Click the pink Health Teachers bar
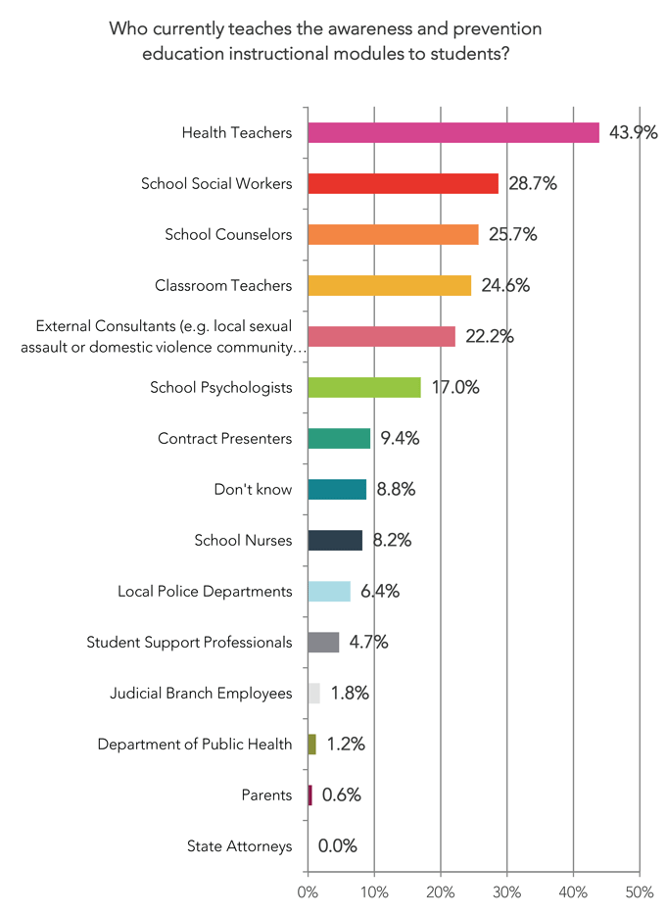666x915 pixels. tap(453, 132)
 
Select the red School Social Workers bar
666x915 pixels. tap(403, 183)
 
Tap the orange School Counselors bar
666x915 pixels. tap(393, 234)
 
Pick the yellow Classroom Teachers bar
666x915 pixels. tap(389, 285)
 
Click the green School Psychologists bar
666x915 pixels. tap(364, 387)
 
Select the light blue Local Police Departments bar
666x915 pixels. tap(329, 591)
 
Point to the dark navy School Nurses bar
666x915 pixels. tap(335, 540)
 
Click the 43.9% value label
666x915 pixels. tap(633, 132)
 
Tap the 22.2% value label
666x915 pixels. tap(491, 336)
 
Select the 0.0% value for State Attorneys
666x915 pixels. tap(337, 845)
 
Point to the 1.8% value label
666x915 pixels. tap(350, 693)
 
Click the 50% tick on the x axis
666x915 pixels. tap(639, 892)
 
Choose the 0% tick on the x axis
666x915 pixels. tap(308, 892)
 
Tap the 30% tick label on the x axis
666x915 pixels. tap(506, 892)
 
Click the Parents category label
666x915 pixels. tap(266, 795)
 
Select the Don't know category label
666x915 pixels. tap(253, 489)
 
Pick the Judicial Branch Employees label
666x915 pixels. tap(201, 693)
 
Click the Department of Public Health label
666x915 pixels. tap(194, 744)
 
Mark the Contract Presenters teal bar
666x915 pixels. tap(339, 438)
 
